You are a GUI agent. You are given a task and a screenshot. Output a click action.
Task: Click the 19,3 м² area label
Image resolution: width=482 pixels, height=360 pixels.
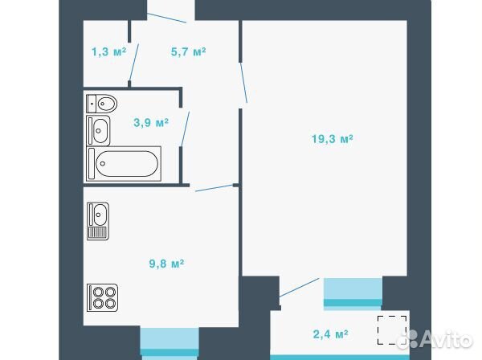333,139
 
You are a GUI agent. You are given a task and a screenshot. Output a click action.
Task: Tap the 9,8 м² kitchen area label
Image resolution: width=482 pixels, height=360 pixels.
166,264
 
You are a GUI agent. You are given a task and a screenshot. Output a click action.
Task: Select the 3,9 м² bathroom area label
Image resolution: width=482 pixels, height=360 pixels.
151,123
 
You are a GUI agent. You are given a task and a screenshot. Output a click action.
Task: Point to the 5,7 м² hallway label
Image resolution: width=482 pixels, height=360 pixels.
188,52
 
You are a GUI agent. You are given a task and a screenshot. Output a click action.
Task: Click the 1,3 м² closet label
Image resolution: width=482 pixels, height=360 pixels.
108,52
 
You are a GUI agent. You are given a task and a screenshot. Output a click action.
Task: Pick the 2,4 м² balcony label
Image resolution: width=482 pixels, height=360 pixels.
330,334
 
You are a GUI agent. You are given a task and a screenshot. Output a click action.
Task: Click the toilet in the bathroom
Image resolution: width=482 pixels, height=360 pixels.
102,104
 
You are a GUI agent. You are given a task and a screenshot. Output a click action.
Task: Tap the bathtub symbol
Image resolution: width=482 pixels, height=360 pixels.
124,164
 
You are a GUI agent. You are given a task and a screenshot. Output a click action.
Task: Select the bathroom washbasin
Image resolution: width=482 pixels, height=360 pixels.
98,130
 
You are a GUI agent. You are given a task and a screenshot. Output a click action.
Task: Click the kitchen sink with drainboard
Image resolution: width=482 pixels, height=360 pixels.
98,221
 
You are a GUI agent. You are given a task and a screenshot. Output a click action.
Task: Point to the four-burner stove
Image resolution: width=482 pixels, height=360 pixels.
102,297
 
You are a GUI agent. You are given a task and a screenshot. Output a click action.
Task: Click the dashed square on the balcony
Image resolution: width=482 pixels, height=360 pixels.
392,330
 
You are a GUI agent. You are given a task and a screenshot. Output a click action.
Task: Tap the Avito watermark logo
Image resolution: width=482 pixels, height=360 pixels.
435,340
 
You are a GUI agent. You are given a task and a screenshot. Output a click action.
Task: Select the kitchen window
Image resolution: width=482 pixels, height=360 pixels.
170,343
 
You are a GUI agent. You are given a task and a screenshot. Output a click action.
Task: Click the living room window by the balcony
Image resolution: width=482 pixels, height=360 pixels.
353,292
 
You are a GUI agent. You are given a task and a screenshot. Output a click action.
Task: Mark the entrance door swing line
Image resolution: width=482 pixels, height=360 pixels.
166,18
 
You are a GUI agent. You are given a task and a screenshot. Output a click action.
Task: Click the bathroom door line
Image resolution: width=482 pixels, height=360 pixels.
186,129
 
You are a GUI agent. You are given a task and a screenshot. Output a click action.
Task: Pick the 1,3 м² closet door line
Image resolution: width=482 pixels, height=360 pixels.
134,62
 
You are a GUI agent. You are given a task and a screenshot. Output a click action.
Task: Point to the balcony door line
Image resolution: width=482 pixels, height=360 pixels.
299,288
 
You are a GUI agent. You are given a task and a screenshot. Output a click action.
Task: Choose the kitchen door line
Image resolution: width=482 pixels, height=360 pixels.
214,188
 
